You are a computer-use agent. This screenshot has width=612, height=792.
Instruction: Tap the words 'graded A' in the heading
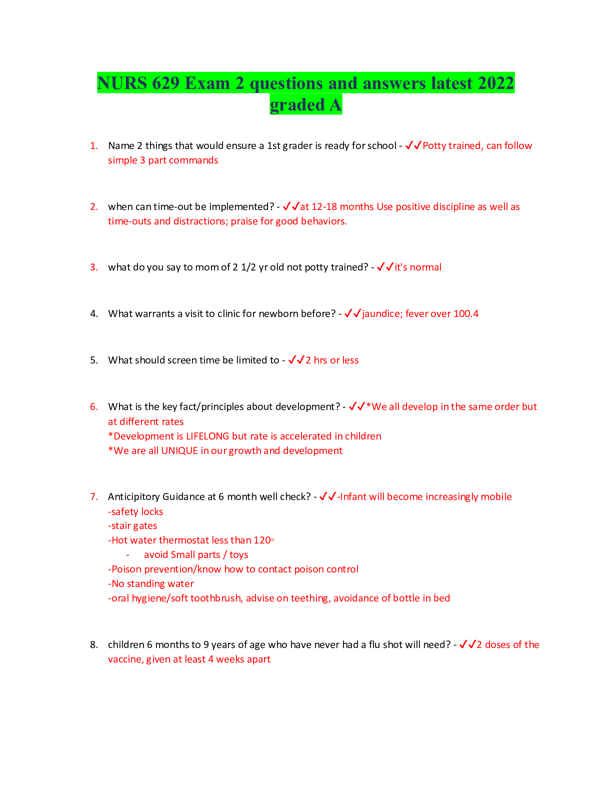click(x=306, y=105)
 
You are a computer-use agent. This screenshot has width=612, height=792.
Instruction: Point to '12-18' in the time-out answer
click(x=324, y=207)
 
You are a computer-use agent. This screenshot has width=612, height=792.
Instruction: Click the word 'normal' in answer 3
click(x=425, y=267)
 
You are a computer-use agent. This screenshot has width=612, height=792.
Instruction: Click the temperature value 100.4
click(x=465, y=314)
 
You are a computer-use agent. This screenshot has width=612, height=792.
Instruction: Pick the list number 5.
click(x=94, y=360)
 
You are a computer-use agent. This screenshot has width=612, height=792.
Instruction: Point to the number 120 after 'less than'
click(x=262, y=540)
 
